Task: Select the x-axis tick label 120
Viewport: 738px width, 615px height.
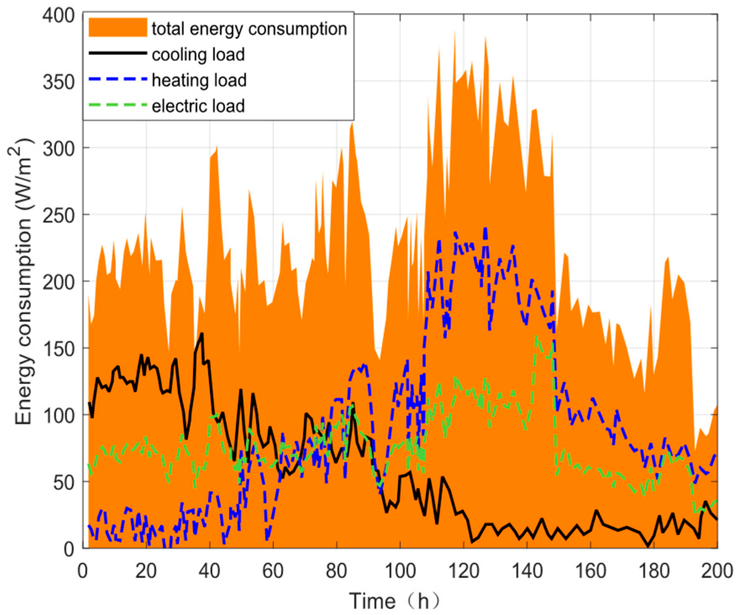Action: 463,571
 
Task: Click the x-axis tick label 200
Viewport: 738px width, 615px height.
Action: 717,571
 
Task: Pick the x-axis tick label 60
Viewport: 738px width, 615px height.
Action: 273,571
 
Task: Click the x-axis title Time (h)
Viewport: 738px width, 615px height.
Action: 395,601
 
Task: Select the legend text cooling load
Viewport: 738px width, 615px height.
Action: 198,55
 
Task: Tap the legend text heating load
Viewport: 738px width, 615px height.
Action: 199,80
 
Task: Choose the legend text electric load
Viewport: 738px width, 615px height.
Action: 198,106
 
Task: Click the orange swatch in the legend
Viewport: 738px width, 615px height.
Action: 118,28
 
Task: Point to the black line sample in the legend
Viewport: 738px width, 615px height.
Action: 118,54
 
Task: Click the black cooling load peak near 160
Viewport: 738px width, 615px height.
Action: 202,334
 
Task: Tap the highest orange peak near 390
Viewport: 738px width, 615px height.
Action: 454,31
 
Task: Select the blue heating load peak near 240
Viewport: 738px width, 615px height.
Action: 486,229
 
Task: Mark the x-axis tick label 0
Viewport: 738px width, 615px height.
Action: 83,571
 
